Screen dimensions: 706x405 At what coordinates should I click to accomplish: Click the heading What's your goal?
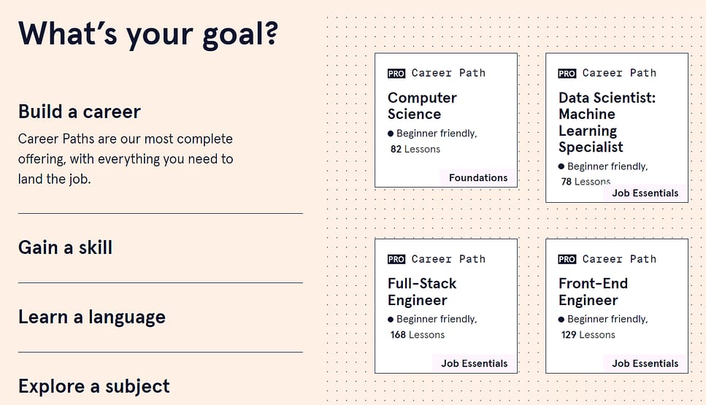(148, 34)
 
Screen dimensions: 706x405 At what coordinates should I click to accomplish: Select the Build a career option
(80, 112)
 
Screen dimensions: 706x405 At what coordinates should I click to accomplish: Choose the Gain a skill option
(65, 247)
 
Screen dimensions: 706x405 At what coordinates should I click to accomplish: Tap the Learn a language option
(92, 317)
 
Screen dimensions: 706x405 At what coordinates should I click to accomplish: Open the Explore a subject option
(94, 387)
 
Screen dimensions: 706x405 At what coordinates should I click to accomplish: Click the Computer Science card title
(422, 106)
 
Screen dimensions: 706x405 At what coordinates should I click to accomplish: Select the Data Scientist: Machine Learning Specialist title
(607, 123)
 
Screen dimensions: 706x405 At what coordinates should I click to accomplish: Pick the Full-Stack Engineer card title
(422, 292)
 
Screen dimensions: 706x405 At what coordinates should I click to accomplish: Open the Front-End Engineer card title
(593, 292)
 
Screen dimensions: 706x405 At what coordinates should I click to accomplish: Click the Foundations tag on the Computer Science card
(478, 178)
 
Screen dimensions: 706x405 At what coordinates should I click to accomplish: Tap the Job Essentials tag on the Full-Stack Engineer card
(474, 363)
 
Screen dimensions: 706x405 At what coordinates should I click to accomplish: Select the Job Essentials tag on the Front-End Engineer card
(645, 363)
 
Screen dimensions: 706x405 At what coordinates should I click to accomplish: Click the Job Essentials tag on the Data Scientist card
(645, 193)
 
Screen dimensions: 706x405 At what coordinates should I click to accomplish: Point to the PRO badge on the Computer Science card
(396, 74)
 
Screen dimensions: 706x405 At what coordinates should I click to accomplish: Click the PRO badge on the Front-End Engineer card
(567, 259)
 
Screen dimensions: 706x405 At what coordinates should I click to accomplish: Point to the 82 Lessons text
(415, 150)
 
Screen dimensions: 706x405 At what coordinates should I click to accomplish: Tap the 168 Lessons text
(418, 335)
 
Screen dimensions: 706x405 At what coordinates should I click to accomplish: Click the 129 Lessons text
(588, 335)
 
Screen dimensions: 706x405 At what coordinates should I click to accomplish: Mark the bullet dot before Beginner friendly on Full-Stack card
(391, 320)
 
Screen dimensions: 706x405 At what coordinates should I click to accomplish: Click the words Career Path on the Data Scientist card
(619, 73)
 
